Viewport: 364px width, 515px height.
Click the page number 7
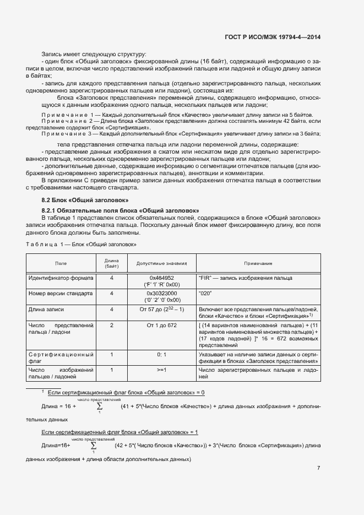tap(318, 468)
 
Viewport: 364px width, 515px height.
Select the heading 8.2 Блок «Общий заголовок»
tap(85, 200)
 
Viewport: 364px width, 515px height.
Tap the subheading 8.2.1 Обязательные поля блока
tap(120, 211)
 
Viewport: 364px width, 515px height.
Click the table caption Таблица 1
tap(82, 243)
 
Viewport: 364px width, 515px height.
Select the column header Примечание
tap(258, 263)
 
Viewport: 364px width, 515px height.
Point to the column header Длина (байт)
tap(112, 263)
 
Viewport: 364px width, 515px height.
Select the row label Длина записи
tap(47, 310)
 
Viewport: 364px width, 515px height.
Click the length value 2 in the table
tap(112, 326)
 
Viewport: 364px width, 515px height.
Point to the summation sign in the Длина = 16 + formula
tap(100, 406)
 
